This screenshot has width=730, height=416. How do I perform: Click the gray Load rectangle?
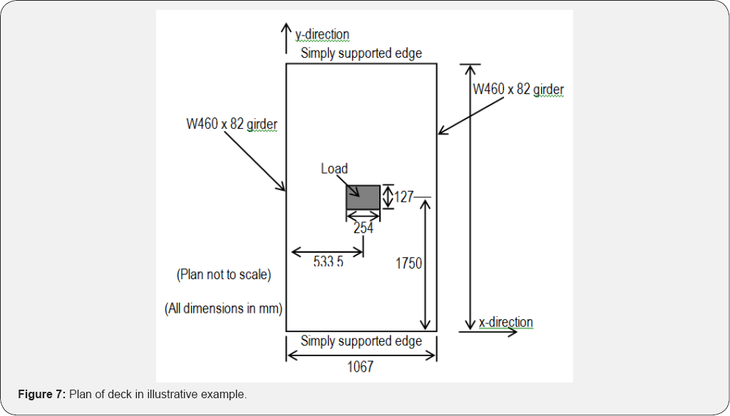363,197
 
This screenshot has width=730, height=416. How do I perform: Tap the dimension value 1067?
360,368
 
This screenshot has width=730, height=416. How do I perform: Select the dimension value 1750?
409,264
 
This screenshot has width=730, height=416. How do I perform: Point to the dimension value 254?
364,229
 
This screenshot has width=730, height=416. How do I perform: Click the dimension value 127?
404,197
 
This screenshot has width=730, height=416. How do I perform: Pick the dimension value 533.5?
328,262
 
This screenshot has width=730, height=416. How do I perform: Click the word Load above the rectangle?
334,169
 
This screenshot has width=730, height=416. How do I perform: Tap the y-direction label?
322,34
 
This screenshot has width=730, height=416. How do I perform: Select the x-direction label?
505,323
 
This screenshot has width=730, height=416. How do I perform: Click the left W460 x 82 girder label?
232,125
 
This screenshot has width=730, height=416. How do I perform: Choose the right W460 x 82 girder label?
518,90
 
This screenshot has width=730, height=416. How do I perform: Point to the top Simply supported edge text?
361,53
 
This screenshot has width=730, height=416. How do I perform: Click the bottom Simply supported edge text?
361,341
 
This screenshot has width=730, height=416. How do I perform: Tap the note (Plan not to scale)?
223,274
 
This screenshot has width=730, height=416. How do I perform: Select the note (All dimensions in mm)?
224,309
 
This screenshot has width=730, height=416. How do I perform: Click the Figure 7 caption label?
42,395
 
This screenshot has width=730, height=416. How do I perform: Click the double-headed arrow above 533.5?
328,251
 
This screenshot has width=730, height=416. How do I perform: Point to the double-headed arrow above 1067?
361,356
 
